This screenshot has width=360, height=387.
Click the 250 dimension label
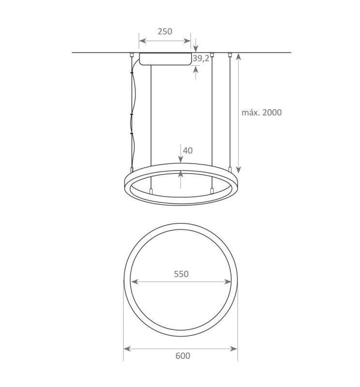(165, 31)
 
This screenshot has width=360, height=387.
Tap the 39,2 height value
(201, 59)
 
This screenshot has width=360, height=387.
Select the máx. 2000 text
(261, 112)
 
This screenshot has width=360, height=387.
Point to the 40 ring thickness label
(188, 150)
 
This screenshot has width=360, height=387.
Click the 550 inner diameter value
(180, 274)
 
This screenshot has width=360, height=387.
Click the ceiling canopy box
(164, 59)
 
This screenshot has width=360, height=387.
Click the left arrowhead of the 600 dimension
(126, 348)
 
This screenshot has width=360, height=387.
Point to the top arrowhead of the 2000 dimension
(239, 56)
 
